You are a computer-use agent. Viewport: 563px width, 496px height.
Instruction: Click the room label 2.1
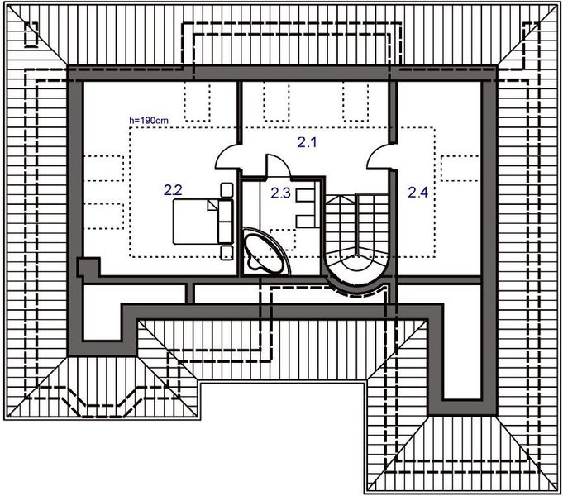(x=308, y=143)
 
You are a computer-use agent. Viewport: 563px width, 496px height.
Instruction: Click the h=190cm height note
(x=149, y=121)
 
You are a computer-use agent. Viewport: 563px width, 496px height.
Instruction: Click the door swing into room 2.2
(x=227, y=155)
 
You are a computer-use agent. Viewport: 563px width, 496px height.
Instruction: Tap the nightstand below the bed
(x=227, y=250)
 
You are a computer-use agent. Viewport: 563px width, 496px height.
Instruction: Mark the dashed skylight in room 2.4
(x=456, y=169)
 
